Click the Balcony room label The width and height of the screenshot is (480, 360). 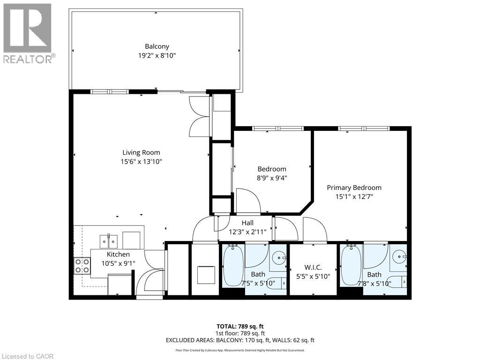click(x=157, y=46)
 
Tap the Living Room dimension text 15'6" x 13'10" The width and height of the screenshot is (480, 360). click(x=141, y=161)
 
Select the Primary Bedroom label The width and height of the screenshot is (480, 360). click(x=354, y=187)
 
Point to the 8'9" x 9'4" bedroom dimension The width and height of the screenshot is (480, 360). click(x=271, y=178)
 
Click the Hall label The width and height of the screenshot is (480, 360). click(x=247, y=223)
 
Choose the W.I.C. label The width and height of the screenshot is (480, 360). click(x=314, y=267)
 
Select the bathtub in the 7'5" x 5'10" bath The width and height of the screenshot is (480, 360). click(x=233, y=266)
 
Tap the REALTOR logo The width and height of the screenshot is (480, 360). click(x=28, y=33)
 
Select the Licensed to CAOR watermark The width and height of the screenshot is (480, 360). click(x=27, y=356)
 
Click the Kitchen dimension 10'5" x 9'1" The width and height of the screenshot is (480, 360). click(x=119, y=263)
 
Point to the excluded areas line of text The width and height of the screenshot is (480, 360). click(x=240, y=340)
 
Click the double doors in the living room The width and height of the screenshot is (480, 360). click(x=199, y=117)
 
